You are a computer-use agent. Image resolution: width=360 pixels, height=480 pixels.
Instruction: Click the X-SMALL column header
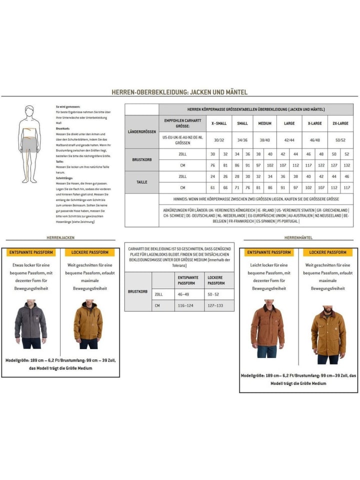(x=218, y=123)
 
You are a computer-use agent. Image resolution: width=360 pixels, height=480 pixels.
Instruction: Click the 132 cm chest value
(x=346, y=165)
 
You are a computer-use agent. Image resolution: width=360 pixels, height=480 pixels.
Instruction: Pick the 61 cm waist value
(x=212, y=187)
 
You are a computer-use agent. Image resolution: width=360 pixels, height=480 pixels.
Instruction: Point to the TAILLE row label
(x=141, y=182)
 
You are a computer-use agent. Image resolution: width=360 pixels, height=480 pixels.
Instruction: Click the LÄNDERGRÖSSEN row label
(x=141, y=131)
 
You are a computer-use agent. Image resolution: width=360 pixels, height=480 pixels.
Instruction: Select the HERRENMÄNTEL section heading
(x=298, y=237)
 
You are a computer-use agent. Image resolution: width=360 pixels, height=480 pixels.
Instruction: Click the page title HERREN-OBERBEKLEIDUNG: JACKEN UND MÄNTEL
(x=179, y=92)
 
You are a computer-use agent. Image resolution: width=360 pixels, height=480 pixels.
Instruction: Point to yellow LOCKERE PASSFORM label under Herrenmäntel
(x=327, y=252)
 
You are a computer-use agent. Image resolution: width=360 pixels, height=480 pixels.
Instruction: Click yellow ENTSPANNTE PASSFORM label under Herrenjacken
(x=31, y=252)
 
